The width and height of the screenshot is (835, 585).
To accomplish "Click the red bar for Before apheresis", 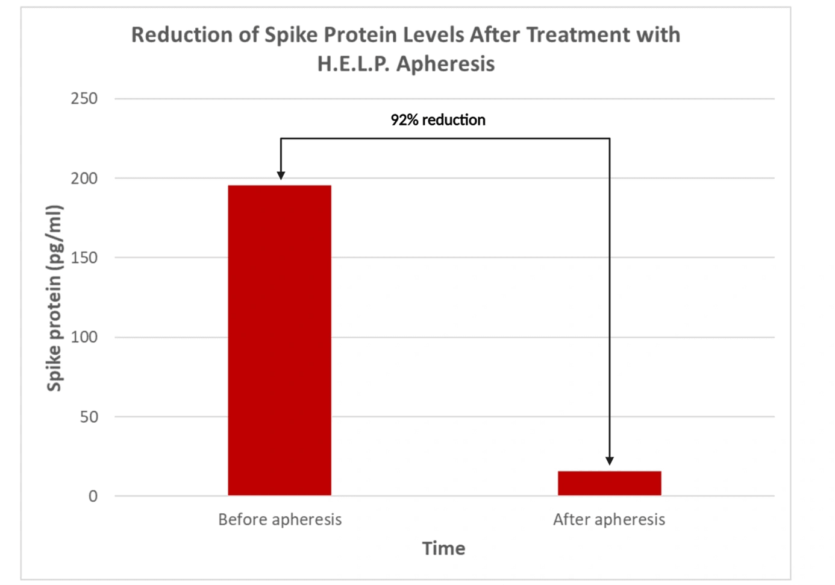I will point(280,340).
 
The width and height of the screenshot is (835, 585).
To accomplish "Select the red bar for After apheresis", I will point(609,483).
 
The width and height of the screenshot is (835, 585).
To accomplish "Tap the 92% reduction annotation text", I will point(438,120).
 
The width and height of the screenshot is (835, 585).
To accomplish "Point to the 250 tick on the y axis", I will point(84,98).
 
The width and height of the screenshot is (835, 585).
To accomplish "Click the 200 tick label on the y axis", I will point(84,179).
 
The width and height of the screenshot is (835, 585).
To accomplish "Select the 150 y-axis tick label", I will point(84,258).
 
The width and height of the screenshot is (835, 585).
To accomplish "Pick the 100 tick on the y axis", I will point(84,337).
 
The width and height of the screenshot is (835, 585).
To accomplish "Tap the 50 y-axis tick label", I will point(89,417).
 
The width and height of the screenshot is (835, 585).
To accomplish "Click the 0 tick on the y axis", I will point(93,496).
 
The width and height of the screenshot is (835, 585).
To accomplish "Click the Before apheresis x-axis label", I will point(280,520).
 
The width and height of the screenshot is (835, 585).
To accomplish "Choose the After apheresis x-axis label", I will point(609,520).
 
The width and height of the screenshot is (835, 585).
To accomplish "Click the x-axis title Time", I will point(443,549).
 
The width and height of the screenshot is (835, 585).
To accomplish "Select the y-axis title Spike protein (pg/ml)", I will point(54,298).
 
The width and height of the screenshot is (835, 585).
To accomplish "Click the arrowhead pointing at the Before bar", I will point(281,175).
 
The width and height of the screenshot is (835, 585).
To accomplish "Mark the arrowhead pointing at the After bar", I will point(610,461).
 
